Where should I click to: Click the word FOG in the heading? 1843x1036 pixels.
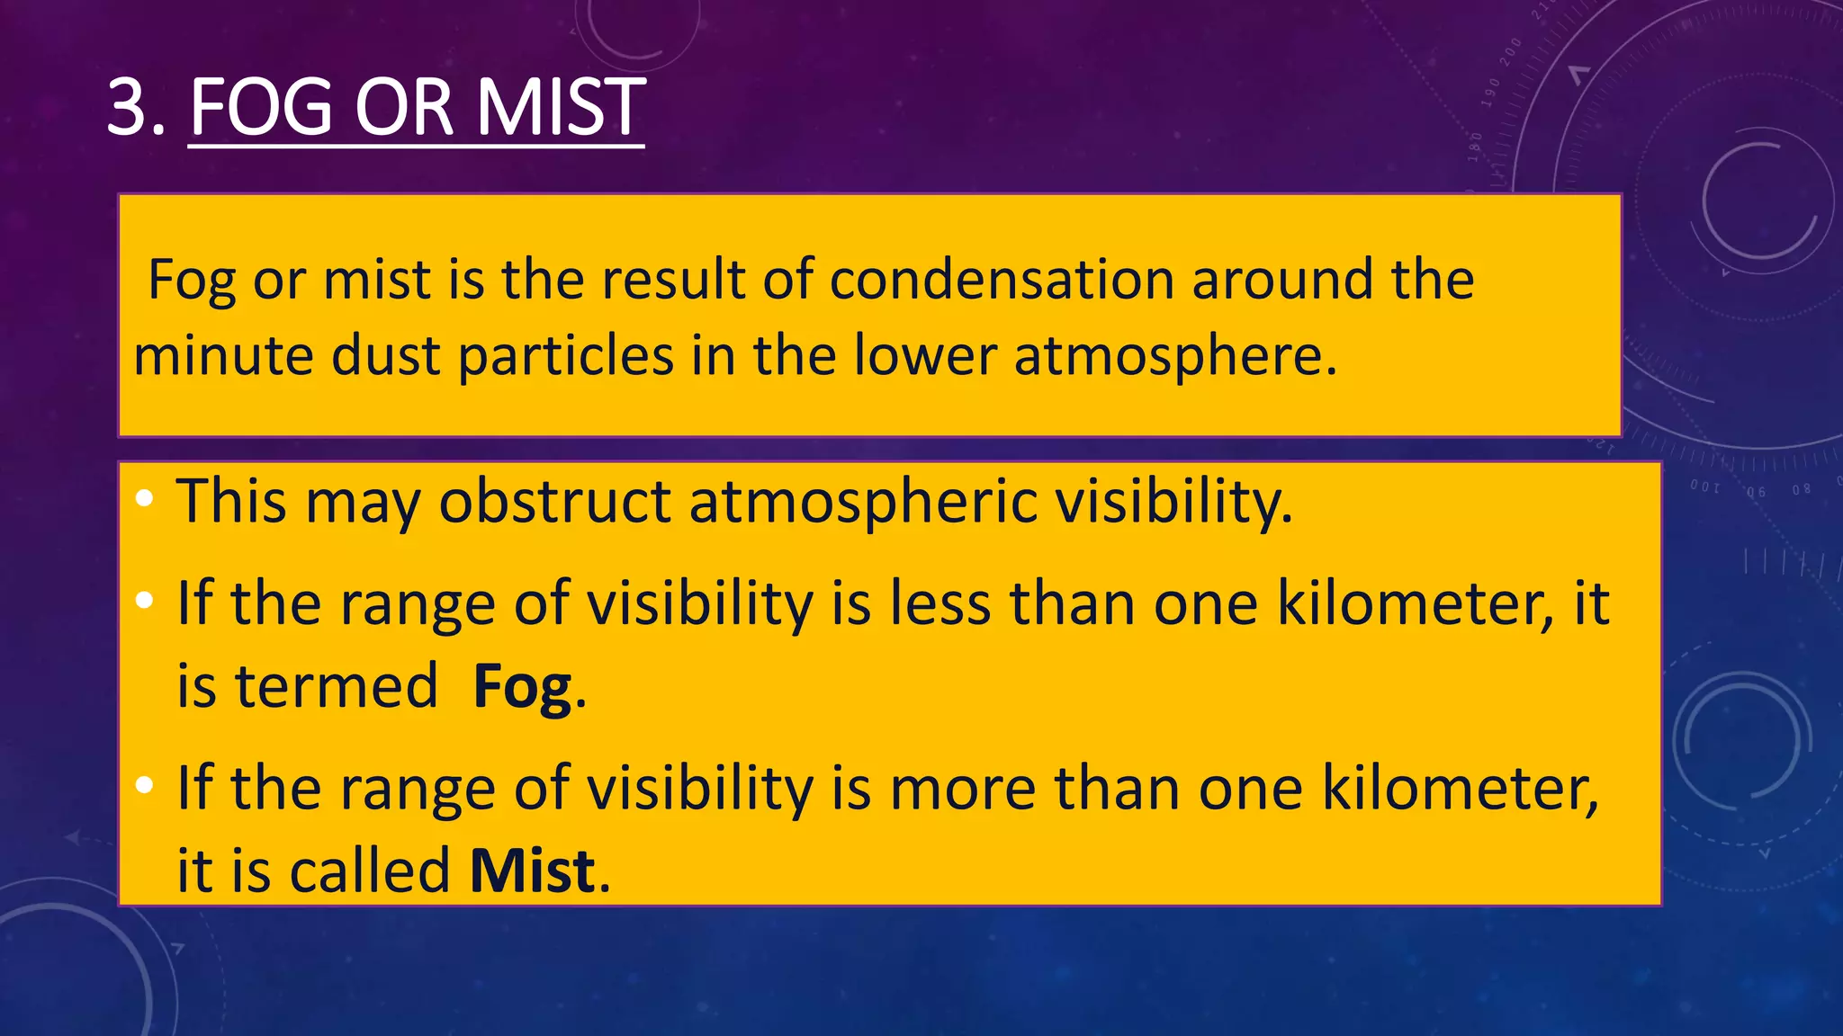(262, 107)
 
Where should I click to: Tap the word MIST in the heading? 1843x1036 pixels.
(560, 107)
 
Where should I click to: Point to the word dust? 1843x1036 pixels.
(385, 355)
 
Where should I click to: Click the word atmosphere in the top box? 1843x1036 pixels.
(1175, 357)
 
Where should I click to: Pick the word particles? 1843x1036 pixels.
(565, 357)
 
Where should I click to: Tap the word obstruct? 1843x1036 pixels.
(554, 501)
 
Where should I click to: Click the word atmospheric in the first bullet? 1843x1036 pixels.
(863, 503)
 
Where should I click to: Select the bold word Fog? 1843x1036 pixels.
(523, 689)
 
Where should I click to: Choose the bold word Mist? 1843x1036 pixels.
(533, 871)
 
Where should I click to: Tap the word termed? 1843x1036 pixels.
(336, 687)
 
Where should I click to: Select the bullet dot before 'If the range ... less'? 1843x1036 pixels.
(145, 601)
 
